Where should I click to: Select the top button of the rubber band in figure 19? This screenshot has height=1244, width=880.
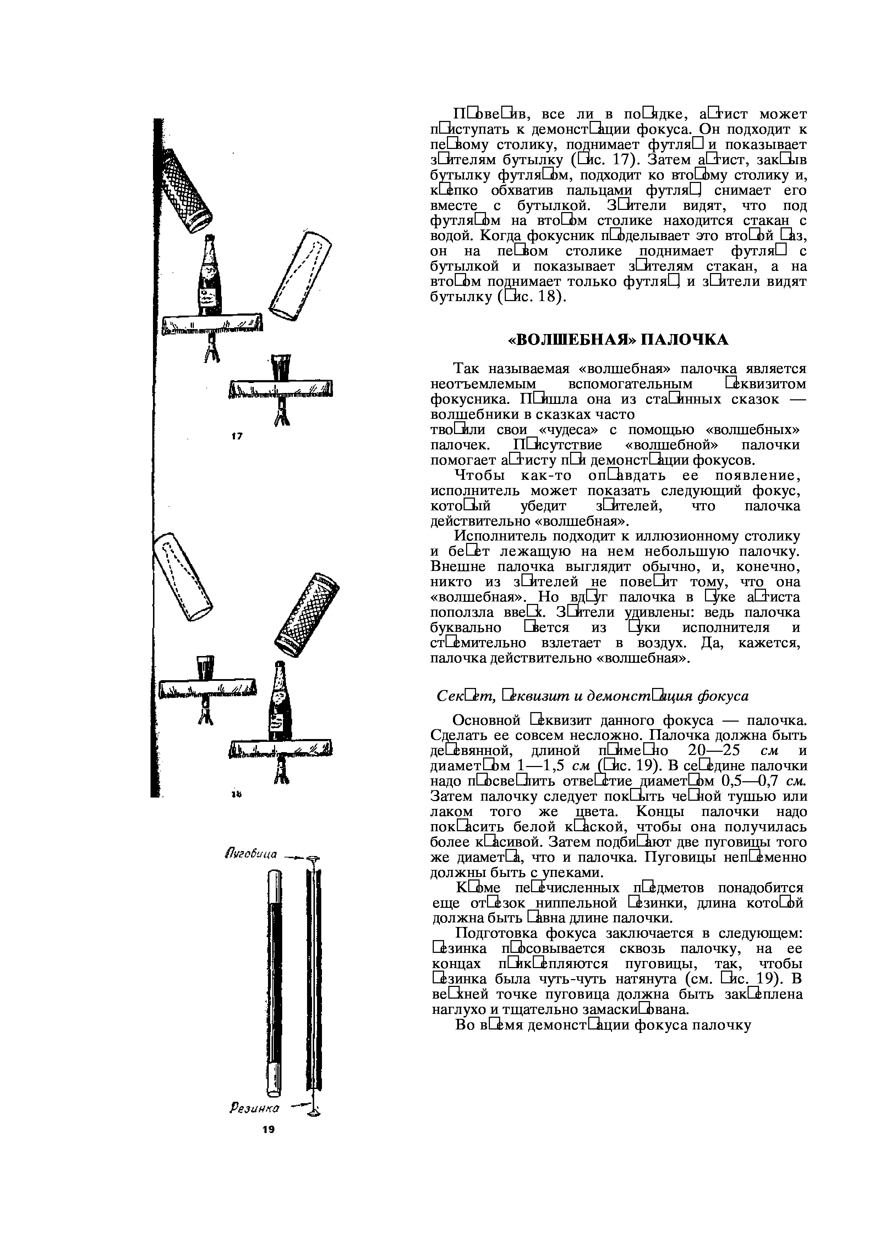pyautogui.click(x=313, y=858)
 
